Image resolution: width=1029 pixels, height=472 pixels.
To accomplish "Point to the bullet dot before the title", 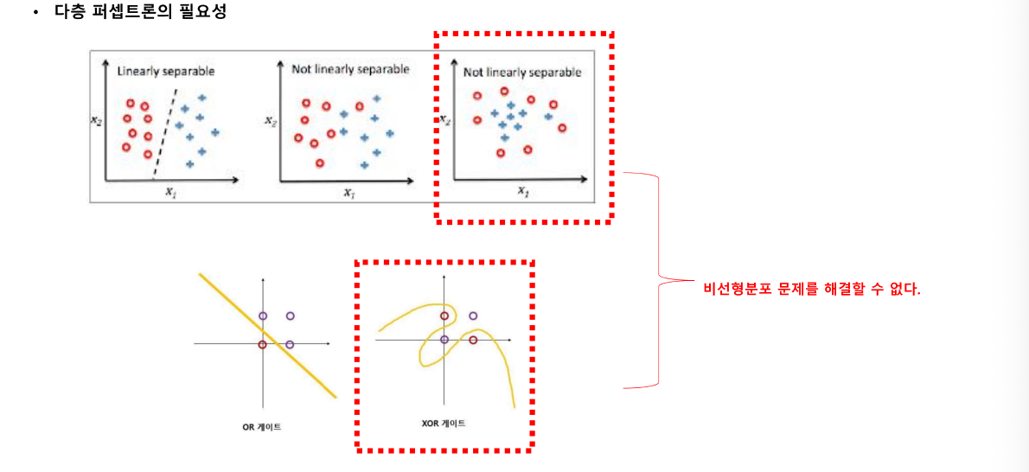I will tap(36, 13).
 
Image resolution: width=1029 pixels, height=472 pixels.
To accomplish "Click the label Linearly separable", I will tap(166, 71).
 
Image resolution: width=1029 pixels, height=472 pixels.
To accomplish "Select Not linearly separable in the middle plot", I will tap(350, 68).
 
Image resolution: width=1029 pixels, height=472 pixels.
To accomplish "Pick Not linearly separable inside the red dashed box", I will tap(522, 73).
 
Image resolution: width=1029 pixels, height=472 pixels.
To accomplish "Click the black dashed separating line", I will tap(166, 131).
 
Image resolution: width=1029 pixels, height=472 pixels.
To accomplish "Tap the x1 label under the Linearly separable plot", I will tap(171, 193).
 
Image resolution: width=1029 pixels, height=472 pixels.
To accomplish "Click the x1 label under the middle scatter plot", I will tap(349, 193).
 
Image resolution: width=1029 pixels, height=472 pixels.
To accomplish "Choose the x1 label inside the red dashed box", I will tap(524, 190).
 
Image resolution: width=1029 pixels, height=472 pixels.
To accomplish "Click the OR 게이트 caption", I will tap(261, 427).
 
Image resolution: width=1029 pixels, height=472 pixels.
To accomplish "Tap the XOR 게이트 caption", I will tap(443, 424).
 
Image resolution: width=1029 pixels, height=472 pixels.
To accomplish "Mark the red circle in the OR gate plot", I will tap(263, 344).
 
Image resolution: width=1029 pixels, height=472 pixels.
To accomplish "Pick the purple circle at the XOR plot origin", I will tap(444, 339).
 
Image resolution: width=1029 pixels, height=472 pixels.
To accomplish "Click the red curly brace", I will tap(659, 281).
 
